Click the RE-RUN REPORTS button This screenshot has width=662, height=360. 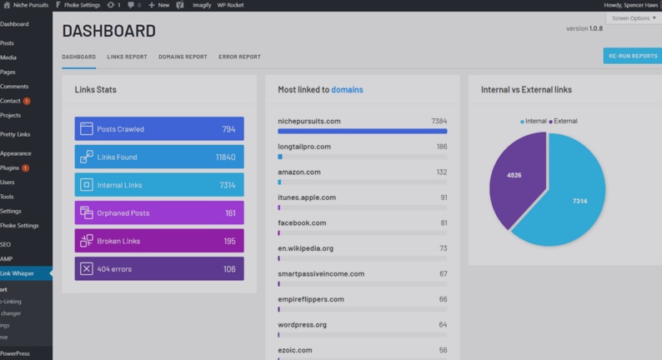632,56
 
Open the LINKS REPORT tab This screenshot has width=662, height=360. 127,57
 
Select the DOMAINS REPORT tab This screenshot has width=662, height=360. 183,57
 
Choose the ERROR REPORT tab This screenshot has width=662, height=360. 239,57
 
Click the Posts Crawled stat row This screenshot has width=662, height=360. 158,129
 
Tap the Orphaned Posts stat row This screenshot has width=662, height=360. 158,213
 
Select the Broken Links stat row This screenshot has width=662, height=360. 158,241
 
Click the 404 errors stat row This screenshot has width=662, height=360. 158,269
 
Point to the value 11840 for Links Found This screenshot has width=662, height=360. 225,157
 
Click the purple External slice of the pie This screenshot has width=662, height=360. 514,176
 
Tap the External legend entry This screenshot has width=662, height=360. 564,122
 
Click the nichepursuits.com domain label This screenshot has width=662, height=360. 308,122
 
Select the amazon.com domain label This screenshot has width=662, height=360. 298,172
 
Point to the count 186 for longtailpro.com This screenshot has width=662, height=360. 441,147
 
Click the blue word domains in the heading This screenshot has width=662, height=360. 347,90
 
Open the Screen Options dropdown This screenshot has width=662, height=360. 634,18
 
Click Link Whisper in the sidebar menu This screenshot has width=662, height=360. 18,273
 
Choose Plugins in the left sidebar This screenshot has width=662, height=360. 10,168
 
